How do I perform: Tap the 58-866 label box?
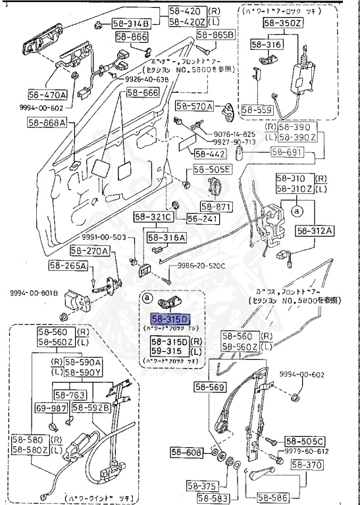coord(130,37)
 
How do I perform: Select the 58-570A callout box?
coord(194,106)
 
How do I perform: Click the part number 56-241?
coord(200,218)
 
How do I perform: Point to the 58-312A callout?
coord(315,230)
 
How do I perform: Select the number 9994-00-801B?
coord(34,293)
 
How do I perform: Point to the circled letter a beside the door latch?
coord(296,211)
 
